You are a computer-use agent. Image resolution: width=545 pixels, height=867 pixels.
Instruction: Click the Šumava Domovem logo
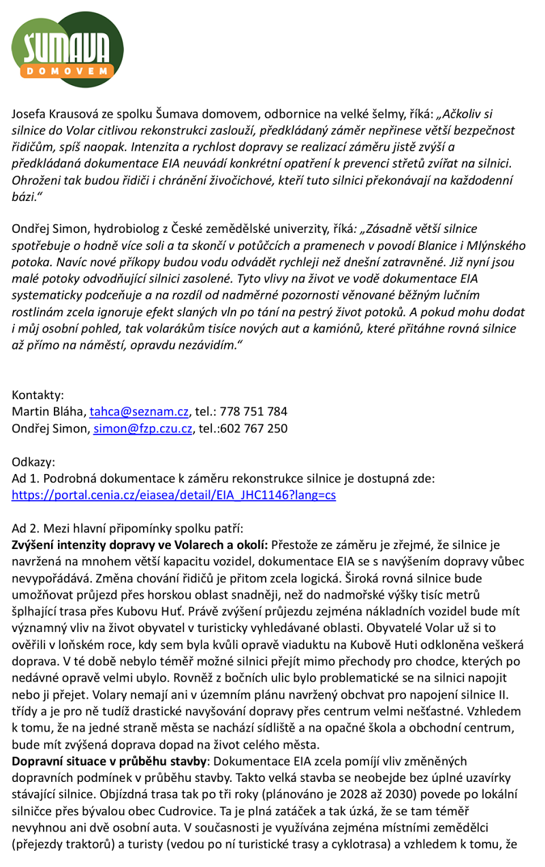[67, 48]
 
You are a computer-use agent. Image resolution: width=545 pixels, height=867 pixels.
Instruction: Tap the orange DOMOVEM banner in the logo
[67, 70]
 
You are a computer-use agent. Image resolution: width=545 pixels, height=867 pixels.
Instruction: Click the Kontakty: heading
[38, 395]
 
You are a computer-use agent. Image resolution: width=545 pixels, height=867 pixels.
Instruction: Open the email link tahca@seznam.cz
[139, 412]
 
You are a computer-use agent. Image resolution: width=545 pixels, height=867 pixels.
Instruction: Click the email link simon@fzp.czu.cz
[143, 428]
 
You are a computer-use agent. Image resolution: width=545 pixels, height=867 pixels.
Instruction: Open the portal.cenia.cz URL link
[174, 495]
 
